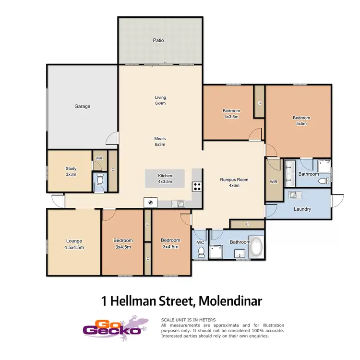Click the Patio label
pos(158,40)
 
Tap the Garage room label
pos(82,106)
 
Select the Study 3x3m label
pos(71,171)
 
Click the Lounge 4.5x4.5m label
pos(74,244)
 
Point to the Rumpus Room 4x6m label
pos(234,182)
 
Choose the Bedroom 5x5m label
pos(301,120)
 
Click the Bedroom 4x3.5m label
pos(231,113)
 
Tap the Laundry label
pos(302,209)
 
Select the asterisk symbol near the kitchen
pos(151,203)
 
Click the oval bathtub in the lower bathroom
pos(257,247)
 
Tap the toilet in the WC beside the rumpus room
pos(202,252)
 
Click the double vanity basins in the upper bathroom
pos(289,174)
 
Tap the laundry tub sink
pos(294,194)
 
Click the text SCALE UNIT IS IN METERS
pos(188,320)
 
